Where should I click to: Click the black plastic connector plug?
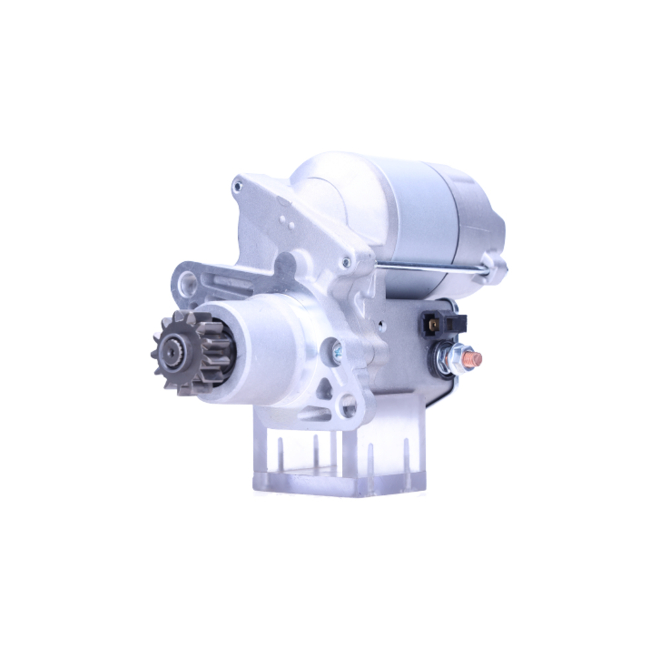click(442, 323)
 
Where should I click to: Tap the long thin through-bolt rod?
click(429, 267)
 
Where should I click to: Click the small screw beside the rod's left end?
click(344, 263)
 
